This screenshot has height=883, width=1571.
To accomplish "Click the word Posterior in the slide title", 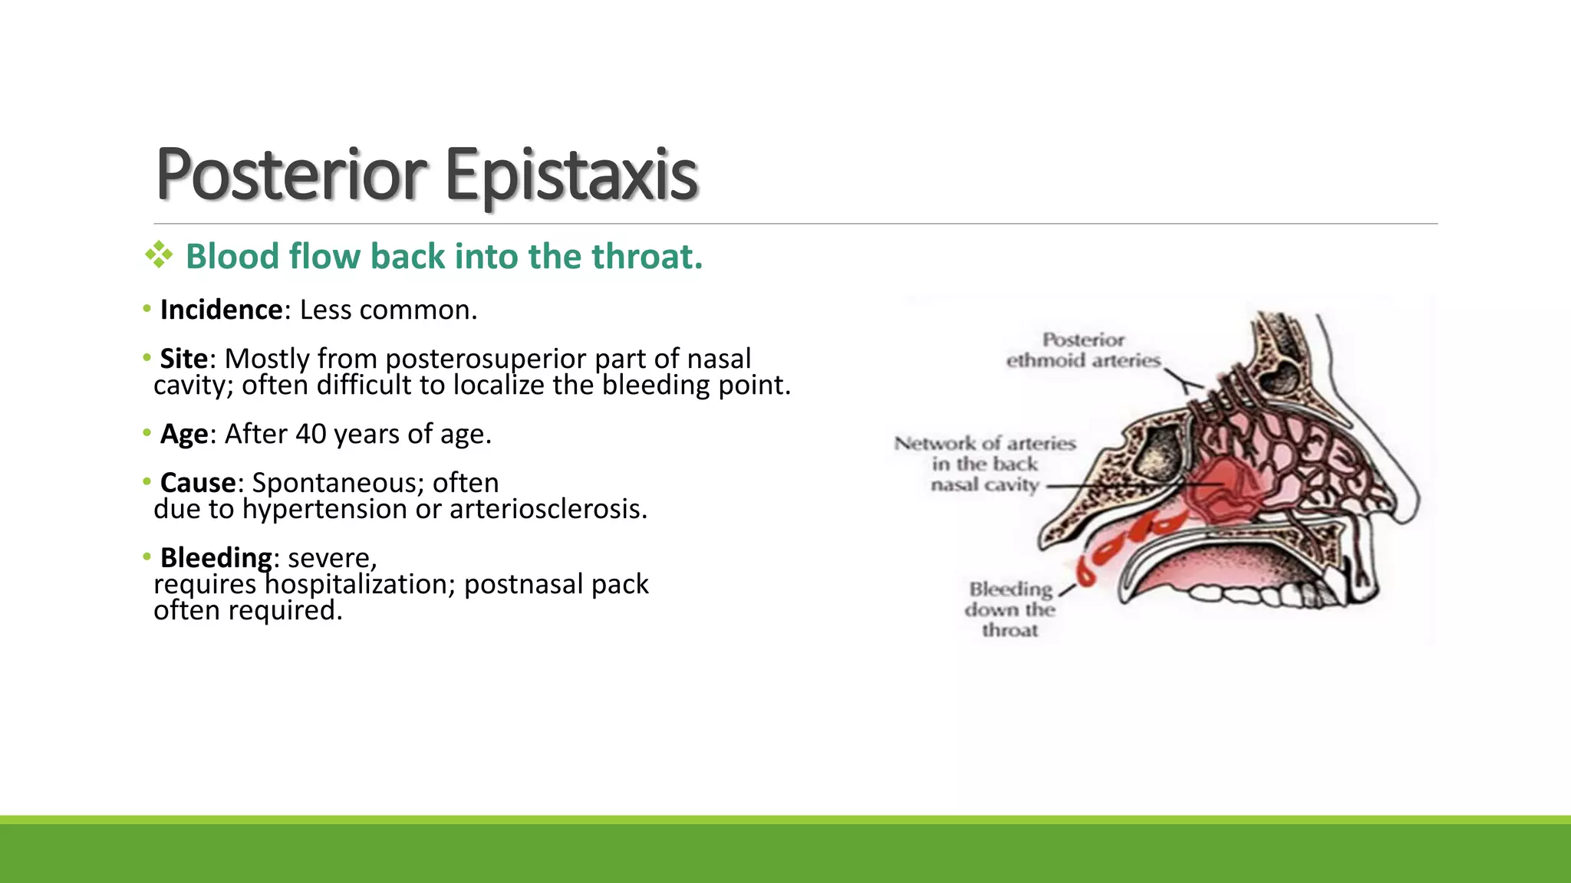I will [x=291, y=175].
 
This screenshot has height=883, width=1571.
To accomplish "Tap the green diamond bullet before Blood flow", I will [x=159, y=255].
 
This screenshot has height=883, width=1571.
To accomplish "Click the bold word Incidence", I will [x=222, y=310].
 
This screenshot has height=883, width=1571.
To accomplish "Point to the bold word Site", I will [x=184, y=359].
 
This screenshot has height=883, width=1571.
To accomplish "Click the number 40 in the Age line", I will [x=311, y=434].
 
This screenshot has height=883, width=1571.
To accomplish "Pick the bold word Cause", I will [x=198, y=483].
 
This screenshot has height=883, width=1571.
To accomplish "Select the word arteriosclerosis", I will [x=548, y=509].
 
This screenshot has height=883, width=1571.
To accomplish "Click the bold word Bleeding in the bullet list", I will [x=216, y=557].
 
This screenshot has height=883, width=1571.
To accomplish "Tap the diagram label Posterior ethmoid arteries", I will [x=1083, y=350].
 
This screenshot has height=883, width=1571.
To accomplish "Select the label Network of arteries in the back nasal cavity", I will [x=985, y=464].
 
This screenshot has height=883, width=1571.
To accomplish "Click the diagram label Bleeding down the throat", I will [x=1010, y=609].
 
